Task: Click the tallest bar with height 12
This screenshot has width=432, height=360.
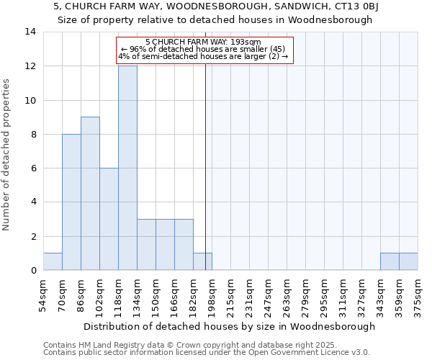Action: point(127,168)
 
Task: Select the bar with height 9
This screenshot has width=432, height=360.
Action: point(90,194)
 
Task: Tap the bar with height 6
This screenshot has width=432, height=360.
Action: point(109,219)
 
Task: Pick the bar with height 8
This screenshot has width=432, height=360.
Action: point(71,202)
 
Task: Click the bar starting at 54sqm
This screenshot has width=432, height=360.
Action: point(53,261)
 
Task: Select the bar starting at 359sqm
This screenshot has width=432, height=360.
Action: point(408,261)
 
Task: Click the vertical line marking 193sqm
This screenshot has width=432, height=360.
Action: point(206,166)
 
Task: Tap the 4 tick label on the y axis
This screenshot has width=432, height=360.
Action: point(33,202)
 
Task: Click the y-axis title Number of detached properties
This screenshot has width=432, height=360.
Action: point(7,155)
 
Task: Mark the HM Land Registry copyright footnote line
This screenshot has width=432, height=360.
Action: point(192,345)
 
